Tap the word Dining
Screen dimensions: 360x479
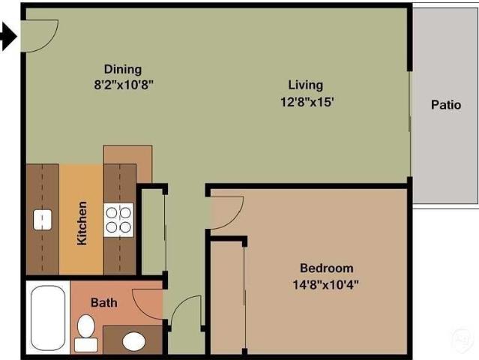point(123,69)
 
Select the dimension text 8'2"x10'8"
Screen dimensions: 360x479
point(123,84)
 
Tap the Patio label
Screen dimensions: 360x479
point(445,105)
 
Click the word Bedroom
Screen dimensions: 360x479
point(326,268)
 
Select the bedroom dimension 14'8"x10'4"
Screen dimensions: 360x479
point(326,283)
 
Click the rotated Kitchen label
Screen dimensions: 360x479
point(82,223)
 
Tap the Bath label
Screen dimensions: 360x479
point(104,303)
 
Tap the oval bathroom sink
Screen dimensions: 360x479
point(134,342)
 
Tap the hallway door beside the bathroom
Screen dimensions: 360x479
point(184,313)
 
